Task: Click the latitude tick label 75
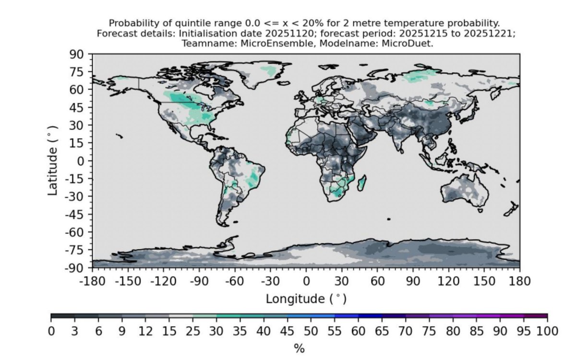click(x=77, y=72)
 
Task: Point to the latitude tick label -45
click(x=75, y=214)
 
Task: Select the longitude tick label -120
click(x=163, y=281)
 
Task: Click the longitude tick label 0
click(x=306, y=281)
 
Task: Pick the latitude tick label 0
click(x=81, y=160)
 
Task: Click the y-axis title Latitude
click(x=53, y=160)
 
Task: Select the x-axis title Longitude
click(x=306, y=299)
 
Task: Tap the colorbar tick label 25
click(x=192, y=332)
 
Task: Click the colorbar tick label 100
click(x=547, y=332)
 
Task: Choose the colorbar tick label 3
click(x=74, y=332)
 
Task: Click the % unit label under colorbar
click(x=299, y=348)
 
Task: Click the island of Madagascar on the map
click(x=361, y=183)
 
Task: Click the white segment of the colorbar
click(x=181, y=316)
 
